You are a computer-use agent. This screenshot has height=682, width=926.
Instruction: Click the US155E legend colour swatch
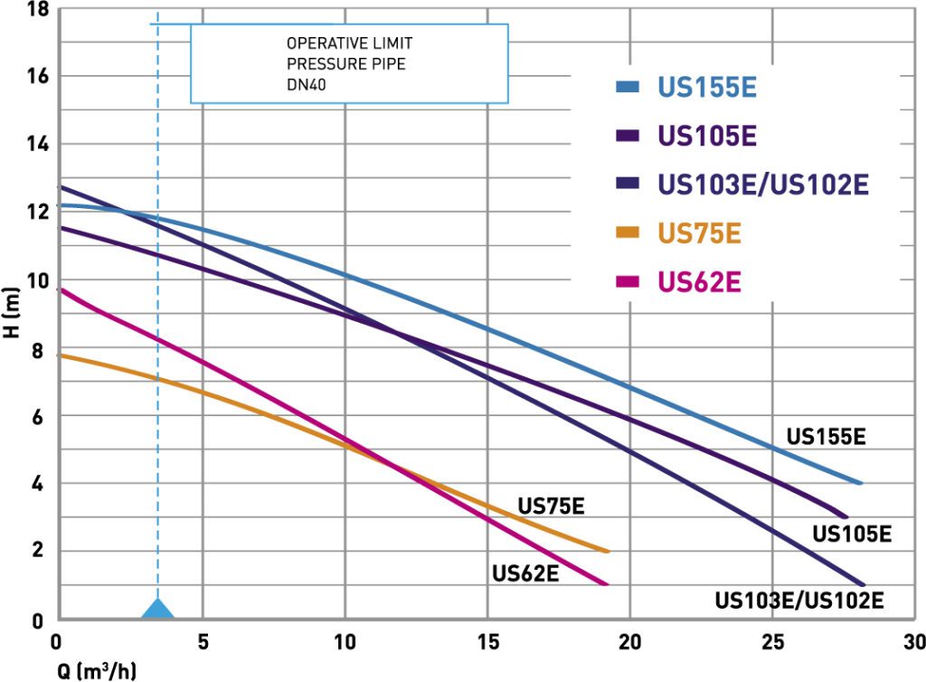[628, 88]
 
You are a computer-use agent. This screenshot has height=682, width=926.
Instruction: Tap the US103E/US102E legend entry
[763, 185]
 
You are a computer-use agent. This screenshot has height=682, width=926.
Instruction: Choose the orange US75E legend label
[699, 232]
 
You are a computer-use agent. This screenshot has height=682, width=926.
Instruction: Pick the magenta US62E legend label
[699, 280]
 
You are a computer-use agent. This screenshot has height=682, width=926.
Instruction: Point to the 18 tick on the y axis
[37, 10]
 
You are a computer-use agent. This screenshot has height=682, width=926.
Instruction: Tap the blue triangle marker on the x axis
[158, 609]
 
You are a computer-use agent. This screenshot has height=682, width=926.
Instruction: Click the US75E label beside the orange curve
[551, 506]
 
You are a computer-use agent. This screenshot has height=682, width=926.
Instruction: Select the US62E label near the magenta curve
[525, 573]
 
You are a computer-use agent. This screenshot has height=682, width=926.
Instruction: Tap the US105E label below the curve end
[852, 534]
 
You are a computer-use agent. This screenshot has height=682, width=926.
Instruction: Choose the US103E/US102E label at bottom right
[798, 600]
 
